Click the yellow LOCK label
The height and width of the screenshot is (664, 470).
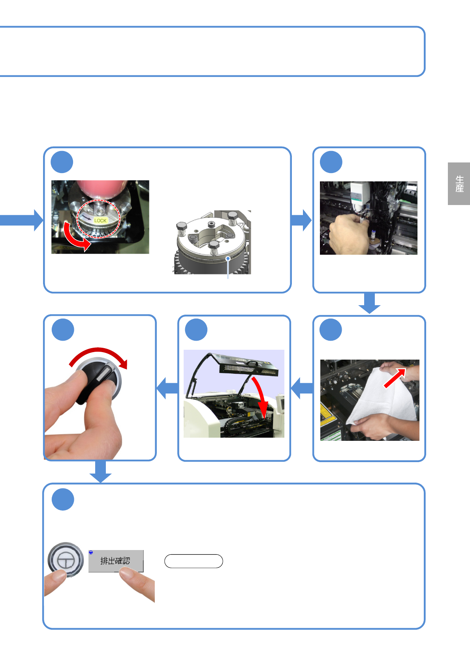tap(100, 220)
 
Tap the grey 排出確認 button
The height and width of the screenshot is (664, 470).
tap(116, 561)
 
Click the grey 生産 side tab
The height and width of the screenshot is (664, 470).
tap(459, 183)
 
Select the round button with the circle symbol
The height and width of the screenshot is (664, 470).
tap(66, 560)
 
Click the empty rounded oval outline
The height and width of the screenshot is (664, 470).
tap(194, 561)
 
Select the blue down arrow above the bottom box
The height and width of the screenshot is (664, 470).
tap(100, 472)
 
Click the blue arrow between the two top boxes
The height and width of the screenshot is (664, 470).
tap(301, 220)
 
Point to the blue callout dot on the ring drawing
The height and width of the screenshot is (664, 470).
tap(228, 259)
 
